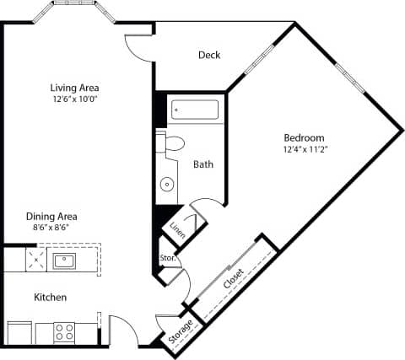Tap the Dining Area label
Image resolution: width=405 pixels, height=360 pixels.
tap(52, 216)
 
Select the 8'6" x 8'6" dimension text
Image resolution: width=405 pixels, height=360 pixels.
tap(52, 228)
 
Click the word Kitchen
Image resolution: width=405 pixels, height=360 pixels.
tap(50, 298)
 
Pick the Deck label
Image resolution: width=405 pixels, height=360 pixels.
tap(209, 56)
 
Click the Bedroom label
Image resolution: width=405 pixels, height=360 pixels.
tap(304, 137)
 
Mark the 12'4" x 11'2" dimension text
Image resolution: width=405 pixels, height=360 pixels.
tap(304, 149)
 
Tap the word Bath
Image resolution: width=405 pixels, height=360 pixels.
tap(203, 164)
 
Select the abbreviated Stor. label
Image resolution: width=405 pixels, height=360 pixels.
tap(166, 258)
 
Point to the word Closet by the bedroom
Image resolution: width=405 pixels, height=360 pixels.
tap(235, 280)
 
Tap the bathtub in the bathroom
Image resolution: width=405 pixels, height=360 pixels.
tap(195, 110)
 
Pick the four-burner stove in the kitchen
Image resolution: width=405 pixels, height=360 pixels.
tap(65, 331)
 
